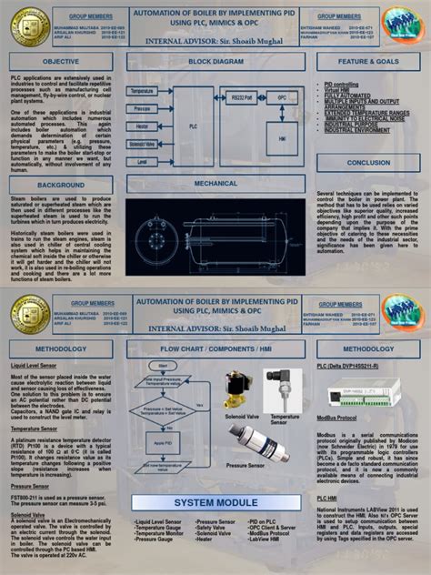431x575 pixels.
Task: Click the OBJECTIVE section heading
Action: pos(62,61)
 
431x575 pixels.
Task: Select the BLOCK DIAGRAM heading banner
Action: pos(215,61)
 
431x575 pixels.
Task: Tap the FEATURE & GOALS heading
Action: pos(368,61)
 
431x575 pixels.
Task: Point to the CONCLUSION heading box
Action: pos(368,162)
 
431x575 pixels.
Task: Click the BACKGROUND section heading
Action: pos(62,185)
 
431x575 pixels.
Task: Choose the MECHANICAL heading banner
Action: pos(215,183)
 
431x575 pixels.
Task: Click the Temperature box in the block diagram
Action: pos(143,92)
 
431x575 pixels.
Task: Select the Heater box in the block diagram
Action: pos(143,126)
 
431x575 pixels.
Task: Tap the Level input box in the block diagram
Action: pos(143,161)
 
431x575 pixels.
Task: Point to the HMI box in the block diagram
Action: pos(282,139)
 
